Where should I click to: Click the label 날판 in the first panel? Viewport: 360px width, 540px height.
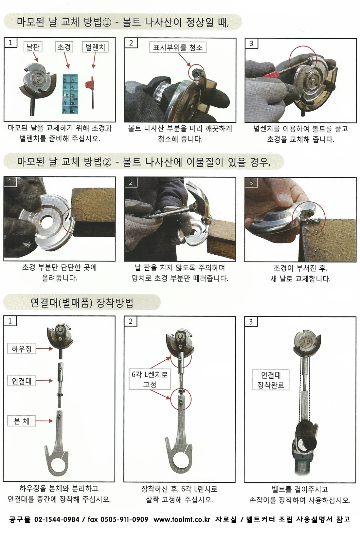pos(33,47)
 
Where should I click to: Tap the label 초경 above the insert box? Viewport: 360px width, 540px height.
pos(64,46)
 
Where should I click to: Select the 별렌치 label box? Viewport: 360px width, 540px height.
pos(95,47)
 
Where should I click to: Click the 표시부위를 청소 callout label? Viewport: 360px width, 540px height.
pos(178,47)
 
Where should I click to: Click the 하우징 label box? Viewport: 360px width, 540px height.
pos(22,349)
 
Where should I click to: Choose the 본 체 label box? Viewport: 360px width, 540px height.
pos(22,421)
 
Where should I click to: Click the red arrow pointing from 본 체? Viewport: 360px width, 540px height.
pos(45,421)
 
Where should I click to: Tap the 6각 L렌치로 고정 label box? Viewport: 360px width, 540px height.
pos(150,379)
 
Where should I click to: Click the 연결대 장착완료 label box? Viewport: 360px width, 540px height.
pos(271,379)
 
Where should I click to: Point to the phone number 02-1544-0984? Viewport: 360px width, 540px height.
pos(57,519)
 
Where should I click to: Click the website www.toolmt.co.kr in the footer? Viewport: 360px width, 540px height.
pos(182,519)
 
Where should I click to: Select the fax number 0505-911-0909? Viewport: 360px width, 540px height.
pos(124,519)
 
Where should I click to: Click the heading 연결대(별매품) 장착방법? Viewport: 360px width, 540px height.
pos(82,302)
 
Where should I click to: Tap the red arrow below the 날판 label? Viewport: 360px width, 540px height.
pos(35,57)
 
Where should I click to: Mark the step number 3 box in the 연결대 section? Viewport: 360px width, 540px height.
pos(251,322)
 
